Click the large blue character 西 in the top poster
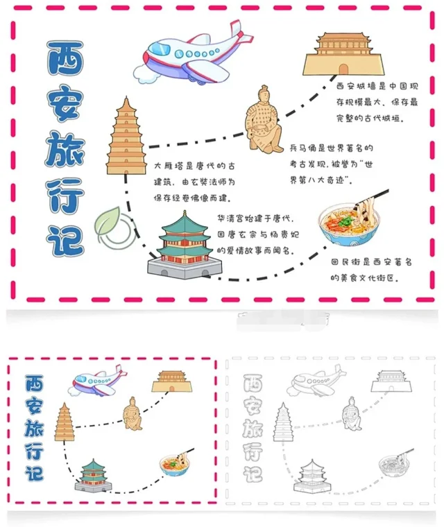[65, 58]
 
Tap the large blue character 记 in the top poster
[65, 240]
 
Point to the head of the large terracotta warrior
[264, 94]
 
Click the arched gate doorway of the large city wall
[343, 69]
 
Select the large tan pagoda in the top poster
[126, 136]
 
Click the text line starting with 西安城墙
[377, 87]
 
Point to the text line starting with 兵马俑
[332, 148]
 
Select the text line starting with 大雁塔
[194, 166]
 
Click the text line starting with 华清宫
[255, 219]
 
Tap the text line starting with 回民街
[371, 262]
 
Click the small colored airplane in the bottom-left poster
[98, 381]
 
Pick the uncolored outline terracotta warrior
[352, 414]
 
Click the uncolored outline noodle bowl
[394, 465]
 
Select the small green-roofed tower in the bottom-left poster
[93, 476]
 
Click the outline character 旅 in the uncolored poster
[253, 428]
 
